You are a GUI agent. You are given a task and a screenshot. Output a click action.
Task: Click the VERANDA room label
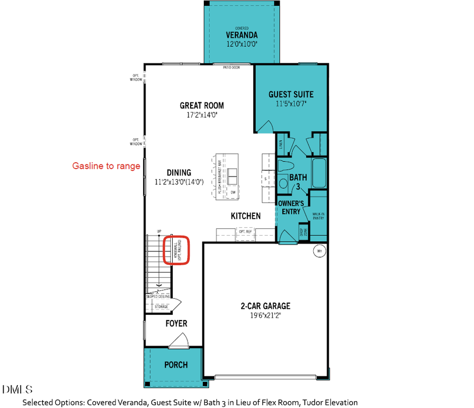(241, 35)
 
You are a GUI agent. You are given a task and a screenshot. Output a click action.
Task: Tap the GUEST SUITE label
(291, 94)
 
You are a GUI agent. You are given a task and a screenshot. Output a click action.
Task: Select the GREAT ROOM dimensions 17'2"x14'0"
(202, 114)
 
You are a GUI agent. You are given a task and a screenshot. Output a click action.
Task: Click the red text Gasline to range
(106, 166)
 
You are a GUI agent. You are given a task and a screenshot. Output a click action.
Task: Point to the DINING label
(179, 172)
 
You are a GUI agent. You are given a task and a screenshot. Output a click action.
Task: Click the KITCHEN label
(245, 216)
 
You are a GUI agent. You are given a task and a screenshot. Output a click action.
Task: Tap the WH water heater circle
(319, 251)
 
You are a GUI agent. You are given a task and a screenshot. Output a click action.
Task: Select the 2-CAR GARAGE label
(265, 306)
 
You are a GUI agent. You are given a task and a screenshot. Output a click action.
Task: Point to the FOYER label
(176, 323)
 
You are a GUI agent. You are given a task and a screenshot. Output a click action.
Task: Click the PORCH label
(175, 365)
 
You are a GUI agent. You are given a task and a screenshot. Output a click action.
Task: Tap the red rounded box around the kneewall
(176, 250)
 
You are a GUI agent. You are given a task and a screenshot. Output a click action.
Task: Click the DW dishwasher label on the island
(233, 192)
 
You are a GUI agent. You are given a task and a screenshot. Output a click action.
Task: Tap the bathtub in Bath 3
(318, 171)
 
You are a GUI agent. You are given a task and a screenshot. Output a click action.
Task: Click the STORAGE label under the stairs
(161, 306)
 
